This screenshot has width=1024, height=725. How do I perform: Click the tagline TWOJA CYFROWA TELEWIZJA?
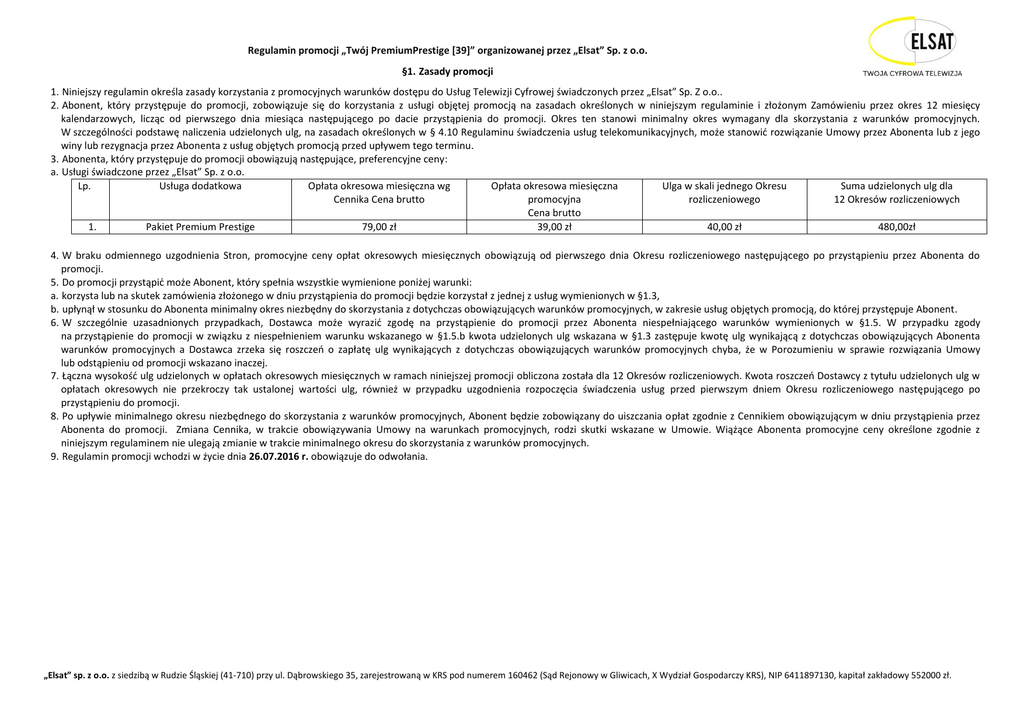tap(912, 73)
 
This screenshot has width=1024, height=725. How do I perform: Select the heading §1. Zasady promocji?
tap(447, 72)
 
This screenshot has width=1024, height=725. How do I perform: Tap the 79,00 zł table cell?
tap(379, 227)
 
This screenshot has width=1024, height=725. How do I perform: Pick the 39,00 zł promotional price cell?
tap(554, 227)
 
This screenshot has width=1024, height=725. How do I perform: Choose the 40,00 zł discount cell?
tap(724, 227)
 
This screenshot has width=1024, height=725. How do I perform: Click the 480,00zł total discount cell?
tap(897, 227)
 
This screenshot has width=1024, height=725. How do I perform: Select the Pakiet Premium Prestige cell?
tap(200, 227)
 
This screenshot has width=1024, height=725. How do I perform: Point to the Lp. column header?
tap(84, 186)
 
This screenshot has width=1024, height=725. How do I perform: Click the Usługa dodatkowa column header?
tap(200, 186)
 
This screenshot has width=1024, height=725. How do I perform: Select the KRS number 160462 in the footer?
tap(493, 675)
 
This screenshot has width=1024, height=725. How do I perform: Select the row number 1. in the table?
tap(91, 227)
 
